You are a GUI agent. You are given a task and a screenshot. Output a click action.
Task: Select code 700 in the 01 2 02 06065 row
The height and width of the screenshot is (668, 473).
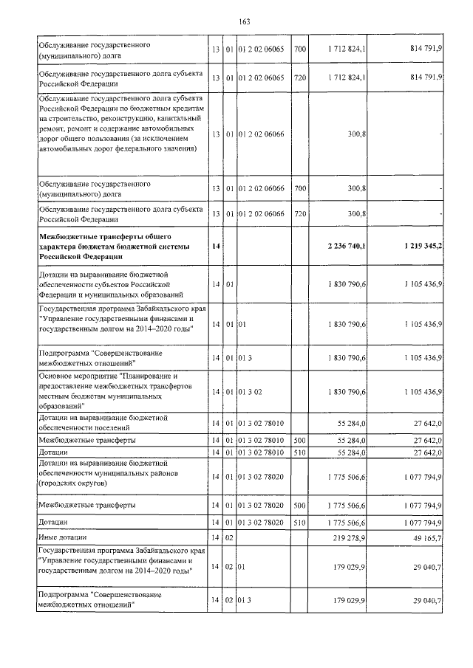(299, 50)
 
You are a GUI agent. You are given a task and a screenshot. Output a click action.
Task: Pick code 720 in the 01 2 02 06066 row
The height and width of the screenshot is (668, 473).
(299, 214)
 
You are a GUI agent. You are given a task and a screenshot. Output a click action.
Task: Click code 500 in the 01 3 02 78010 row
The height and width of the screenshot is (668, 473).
(299, 439)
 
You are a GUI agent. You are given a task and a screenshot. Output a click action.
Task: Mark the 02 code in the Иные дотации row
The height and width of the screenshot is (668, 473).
(229, 538)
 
